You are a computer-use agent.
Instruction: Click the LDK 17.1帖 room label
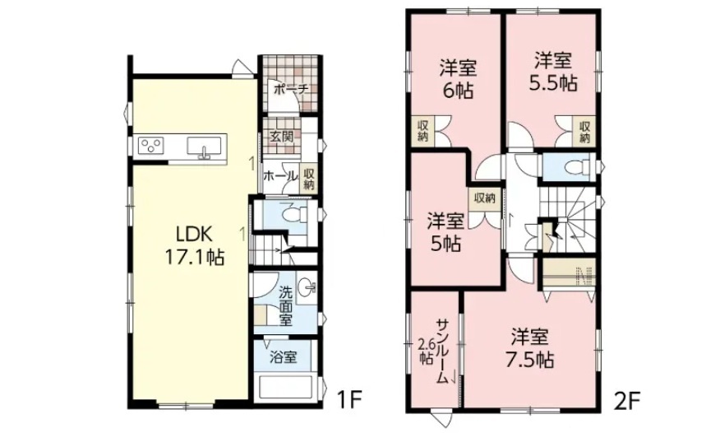click(195, 246)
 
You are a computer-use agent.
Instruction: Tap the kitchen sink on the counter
click(206, 147)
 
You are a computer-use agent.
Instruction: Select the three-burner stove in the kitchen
click(151, 147)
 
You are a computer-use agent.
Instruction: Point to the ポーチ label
click(290, 89)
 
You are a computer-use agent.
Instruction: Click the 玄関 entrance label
click(281, 137)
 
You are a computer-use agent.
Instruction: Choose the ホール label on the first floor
click(280, 175)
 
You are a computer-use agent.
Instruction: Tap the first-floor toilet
click(295, 215)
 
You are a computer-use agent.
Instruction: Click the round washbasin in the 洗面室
click(307, 288)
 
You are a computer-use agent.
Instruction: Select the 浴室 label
click(283, 356)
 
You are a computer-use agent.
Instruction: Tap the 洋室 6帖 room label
click(458, 79)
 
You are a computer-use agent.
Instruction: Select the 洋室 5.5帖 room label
click(553, 72)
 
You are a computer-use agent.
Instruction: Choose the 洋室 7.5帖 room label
click(529, 348)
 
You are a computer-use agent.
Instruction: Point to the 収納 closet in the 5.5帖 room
click(584, 132)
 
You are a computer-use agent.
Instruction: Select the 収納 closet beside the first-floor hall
click(308, 179)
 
